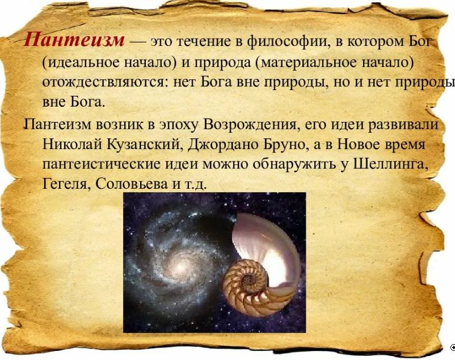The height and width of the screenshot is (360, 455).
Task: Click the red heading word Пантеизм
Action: click(x=74, y=40)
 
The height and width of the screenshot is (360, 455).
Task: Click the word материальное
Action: click(x=301, y=62)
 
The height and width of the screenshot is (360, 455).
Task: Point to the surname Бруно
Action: click(x=280, y=145)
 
